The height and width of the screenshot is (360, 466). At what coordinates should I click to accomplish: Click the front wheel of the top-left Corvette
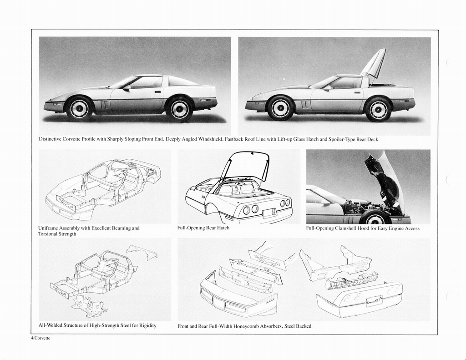[80, 108]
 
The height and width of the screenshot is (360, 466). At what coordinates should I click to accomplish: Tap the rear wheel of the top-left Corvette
[179, 109]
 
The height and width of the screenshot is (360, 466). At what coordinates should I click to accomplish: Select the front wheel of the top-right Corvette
[280, 108]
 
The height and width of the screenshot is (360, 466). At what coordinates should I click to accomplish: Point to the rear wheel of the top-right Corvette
[378, 109]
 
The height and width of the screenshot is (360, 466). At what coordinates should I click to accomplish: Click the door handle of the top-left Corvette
[157, 91]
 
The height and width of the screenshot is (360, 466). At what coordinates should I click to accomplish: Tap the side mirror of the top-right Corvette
[327, 88]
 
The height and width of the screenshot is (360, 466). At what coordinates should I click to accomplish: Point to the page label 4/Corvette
[41, 339]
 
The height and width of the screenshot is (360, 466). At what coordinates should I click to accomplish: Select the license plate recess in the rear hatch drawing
[269, 213]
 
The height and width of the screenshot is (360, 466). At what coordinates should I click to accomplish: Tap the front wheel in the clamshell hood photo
[375, 218]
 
